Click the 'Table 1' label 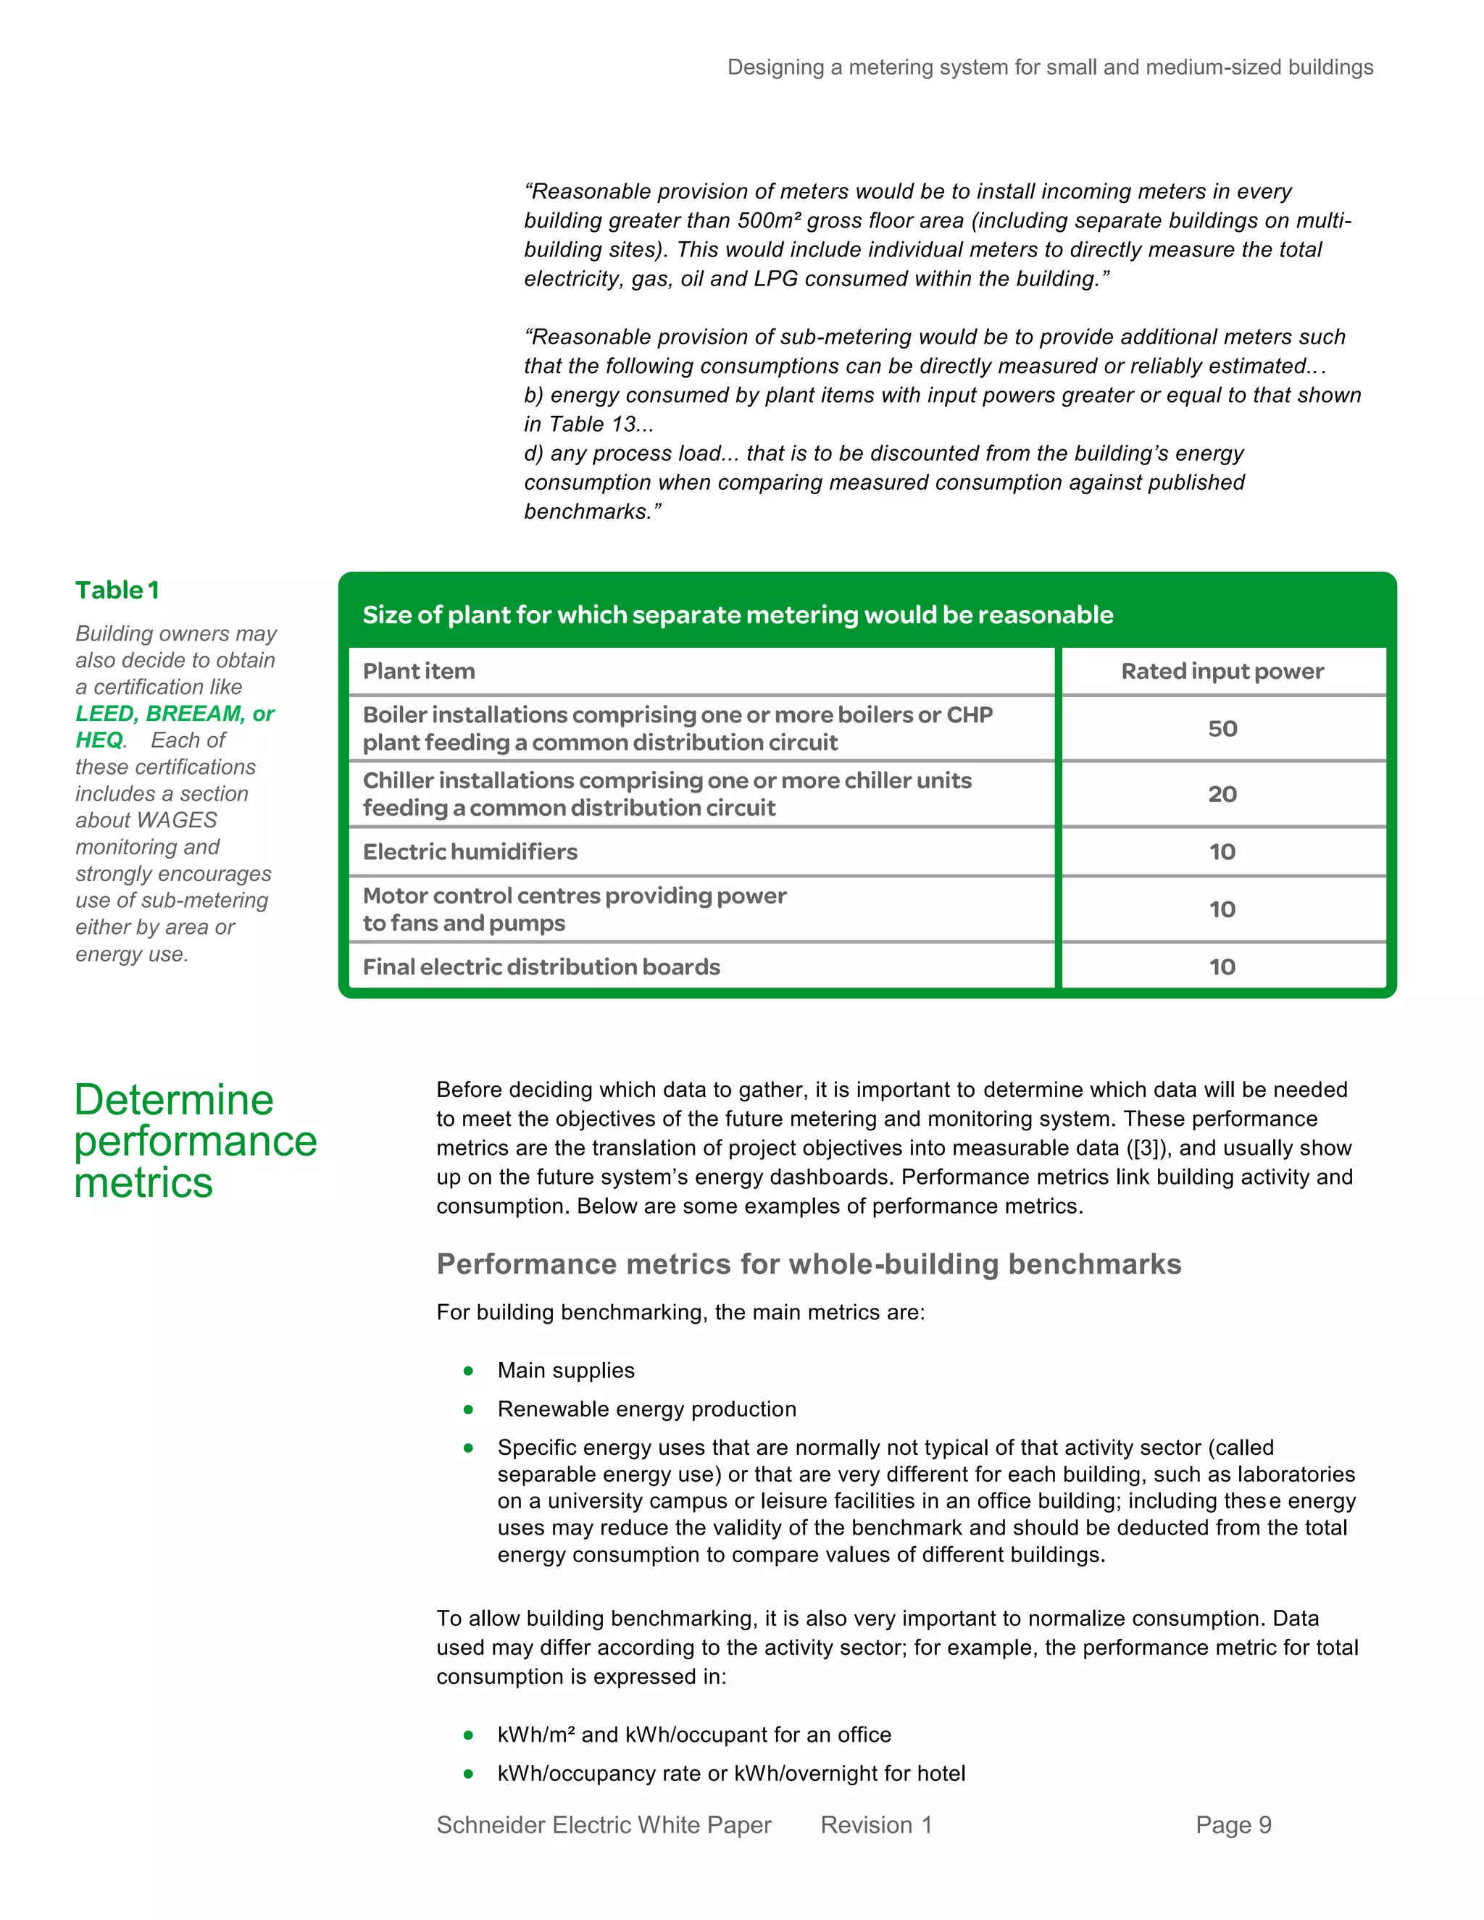(x=117, y=590)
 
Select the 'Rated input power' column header (x=1222, y=672)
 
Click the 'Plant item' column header (x=419, y=672)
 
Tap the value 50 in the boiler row (x=1222, y=729)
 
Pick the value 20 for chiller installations (x=1222, y=795)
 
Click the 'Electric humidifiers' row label (x=470, y=852)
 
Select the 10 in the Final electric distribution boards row (x=1222, y=967)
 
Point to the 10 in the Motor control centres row (x=1222, y=910)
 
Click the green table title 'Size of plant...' (x=738, y=614)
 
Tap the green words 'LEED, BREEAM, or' (x=175, y=714)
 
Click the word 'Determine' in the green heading (x=174, y=1101)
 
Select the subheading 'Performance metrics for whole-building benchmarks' (x=809, y=1264)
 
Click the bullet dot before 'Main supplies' (x=469, y=1371)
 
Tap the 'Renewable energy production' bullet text (x=646, y=1409)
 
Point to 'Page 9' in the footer (x=1233, y=1825)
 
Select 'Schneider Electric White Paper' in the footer (x=604, y=1825)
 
